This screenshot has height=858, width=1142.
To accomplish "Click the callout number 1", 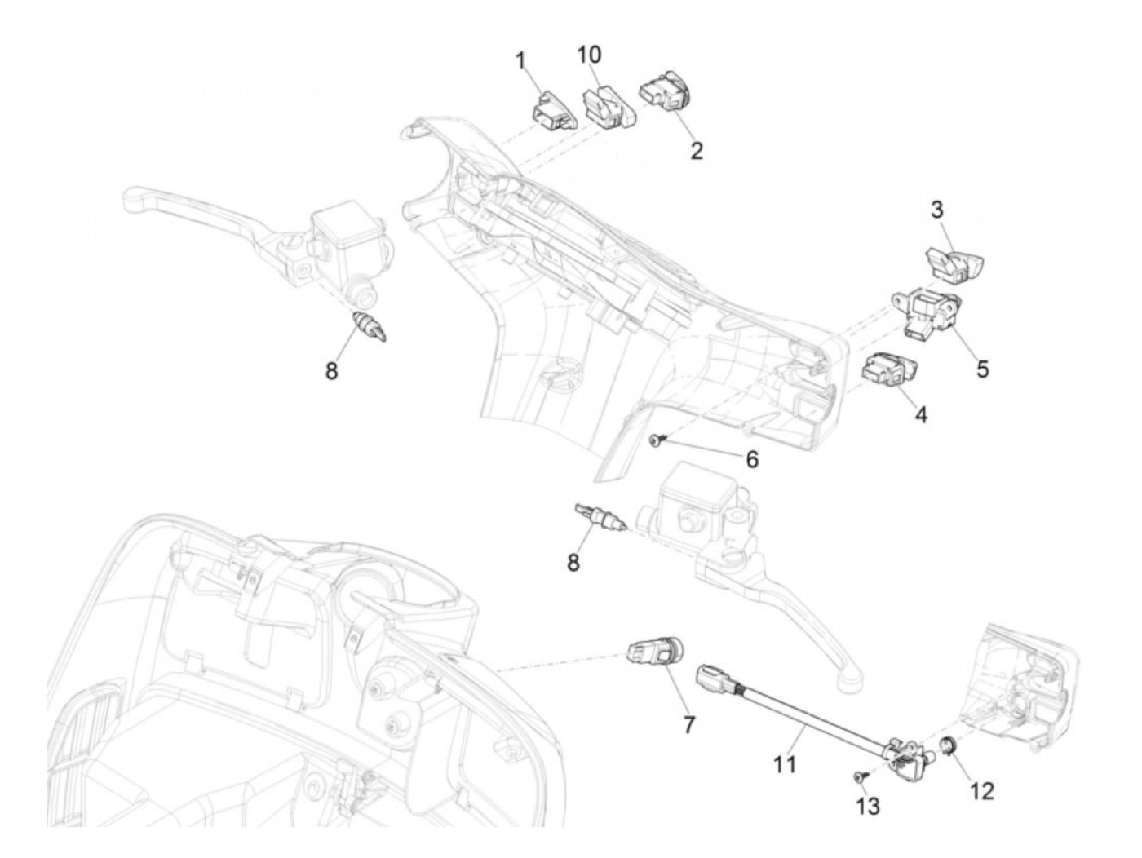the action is pyautogui.click(x=520, y=61).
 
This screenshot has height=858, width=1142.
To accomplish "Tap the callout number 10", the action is pyautogui.click(x=589, y=55).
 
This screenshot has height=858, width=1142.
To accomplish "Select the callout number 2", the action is pyautogui.click(x=696, y=150).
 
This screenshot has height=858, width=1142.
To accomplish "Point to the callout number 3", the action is pyautogui.click(x=936, y=210).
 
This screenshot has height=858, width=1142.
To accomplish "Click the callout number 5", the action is pyautogui.click(x=982, y=369).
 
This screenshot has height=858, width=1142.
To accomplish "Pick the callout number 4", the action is pyautogui.click(x=921, y=414).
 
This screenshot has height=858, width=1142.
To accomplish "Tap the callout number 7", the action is pyautogui.click(x=688, y=724).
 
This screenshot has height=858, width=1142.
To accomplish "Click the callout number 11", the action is pyautogui.click(x=785, y=764).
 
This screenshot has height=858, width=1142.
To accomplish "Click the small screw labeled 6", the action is pyautogui.click(x=657, y=441).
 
